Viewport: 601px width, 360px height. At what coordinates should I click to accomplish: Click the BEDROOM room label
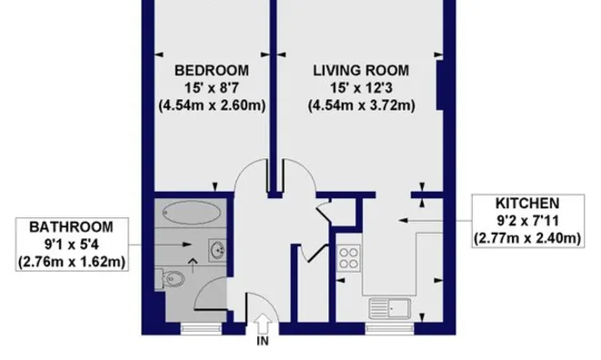point(211,69)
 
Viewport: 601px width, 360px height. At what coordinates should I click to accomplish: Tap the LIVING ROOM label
point(361,69)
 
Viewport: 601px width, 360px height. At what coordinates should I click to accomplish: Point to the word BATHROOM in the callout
point(71,226)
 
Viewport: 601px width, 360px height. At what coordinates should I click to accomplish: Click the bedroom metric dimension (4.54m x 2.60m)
point(211,105)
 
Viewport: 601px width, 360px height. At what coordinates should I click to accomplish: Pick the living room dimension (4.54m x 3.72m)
point(361,105)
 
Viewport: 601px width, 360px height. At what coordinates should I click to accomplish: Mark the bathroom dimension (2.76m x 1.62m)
point(71,263)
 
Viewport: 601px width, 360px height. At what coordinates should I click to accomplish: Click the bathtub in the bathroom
point(192,213)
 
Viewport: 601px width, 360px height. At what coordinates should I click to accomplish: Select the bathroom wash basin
point(216,249)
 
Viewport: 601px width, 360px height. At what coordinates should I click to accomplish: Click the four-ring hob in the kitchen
point(348,257)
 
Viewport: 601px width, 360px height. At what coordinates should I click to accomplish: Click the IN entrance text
point(264,342)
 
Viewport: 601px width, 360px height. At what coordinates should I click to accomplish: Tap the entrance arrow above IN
point(264,322)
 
